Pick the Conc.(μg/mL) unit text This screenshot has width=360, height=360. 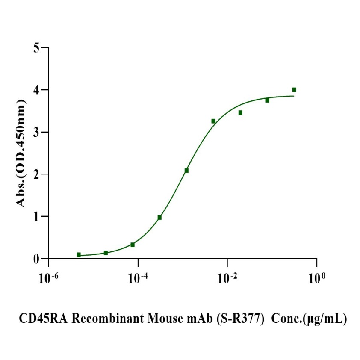point(309,319)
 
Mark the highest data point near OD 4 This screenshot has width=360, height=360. point(294,90)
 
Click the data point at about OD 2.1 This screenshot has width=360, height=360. point(186,171)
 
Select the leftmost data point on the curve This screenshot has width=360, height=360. point(79,255)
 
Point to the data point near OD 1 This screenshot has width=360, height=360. point(159,218)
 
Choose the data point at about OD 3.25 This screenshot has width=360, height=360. point(213,121)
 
